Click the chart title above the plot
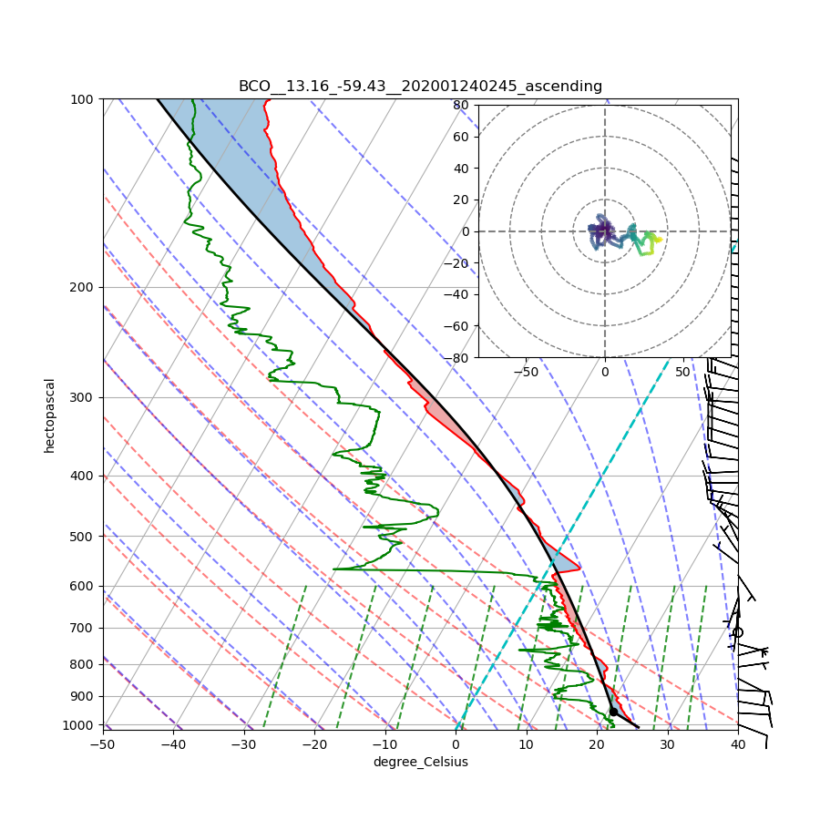click(420, 86)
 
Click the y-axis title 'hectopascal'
click(49, 415)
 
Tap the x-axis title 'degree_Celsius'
click(420, 762)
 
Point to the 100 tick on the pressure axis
click(83, 98)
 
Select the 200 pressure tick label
click(83, 287)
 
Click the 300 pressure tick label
click(83, 397)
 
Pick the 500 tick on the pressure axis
click(83, 536)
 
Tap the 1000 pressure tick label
click(80, 725)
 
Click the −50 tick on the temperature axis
click(102, 744)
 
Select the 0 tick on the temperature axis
click(456, 744)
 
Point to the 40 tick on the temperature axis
click(738, 744)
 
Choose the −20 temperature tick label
click(314, 744)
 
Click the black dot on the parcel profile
click(613, 712)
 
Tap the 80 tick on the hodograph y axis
click(460, 105)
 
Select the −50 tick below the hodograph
click(526, 372)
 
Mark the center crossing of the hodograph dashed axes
click(604, 231)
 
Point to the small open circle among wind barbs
click(737, 631)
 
